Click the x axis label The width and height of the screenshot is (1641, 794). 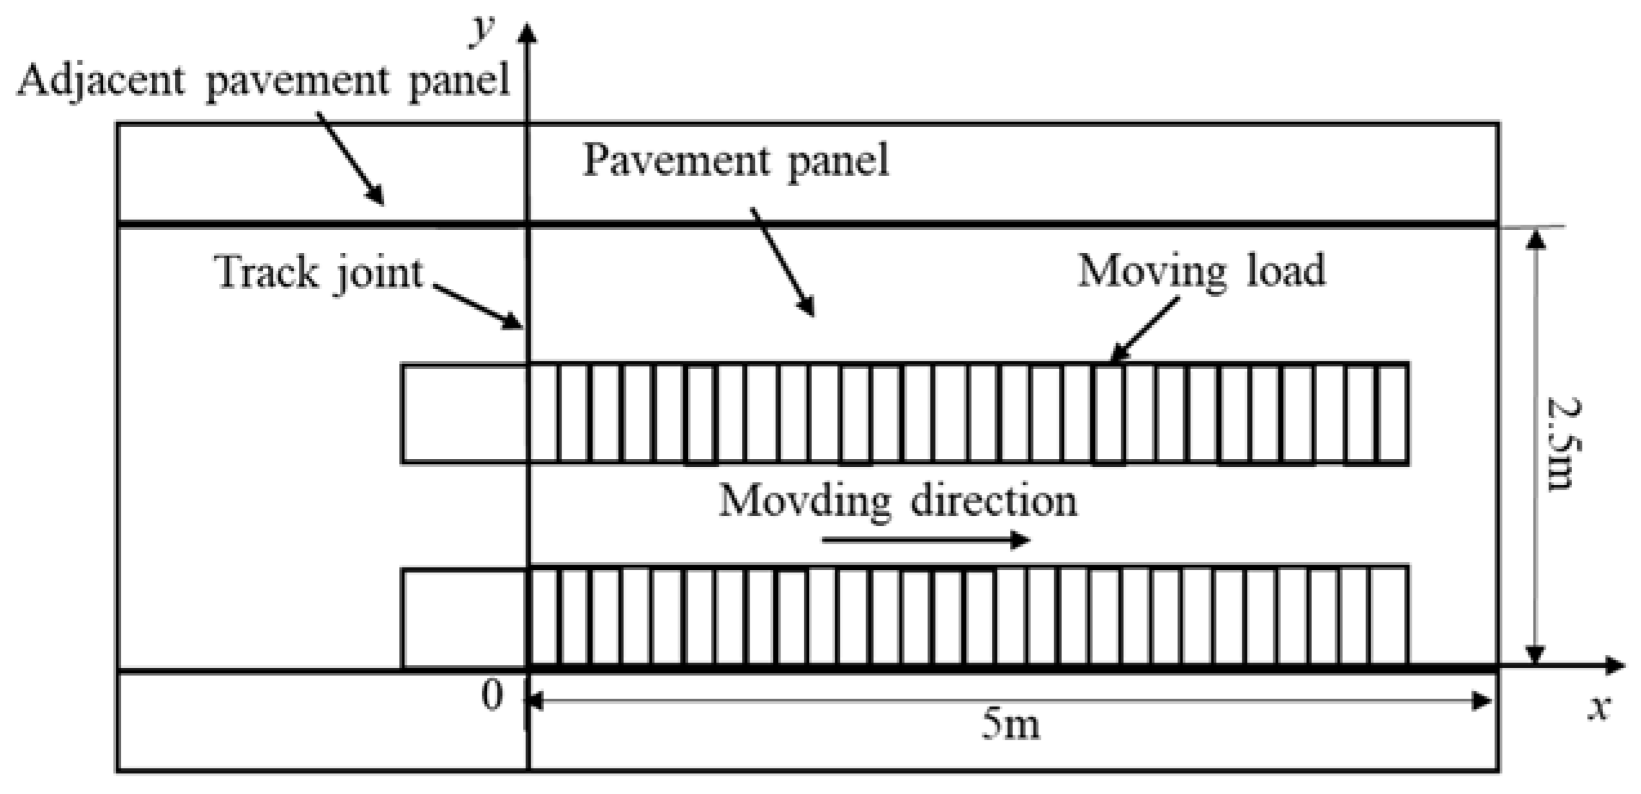click(x=1597, y=708)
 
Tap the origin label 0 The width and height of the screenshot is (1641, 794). click(x=493, y=695)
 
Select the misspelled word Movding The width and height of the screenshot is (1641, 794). click(x=805, y=501)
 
